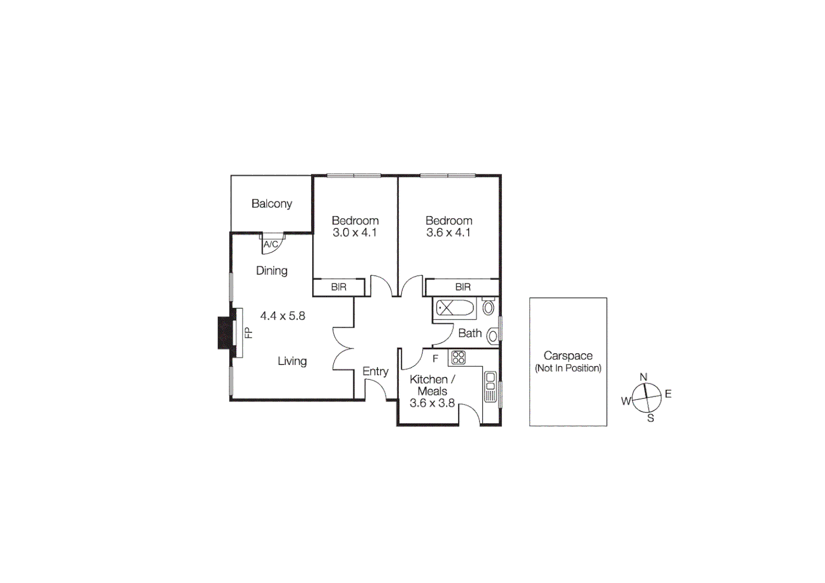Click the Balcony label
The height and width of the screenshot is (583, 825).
272,204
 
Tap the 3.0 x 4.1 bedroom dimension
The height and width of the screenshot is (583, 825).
354,233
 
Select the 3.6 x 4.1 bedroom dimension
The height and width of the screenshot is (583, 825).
448,233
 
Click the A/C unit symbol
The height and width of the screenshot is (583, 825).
271,245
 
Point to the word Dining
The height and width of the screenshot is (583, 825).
272,270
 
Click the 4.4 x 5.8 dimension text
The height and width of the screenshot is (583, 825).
282,316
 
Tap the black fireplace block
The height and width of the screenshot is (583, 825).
225,333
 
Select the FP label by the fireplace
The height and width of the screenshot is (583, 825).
248,333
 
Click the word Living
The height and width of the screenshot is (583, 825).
292,361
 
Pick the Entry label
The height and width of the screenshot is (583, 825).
375,371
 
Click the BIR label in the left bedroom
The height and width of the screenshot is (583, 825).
339,287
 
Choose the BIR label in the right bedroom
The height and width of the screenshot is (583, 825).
463,287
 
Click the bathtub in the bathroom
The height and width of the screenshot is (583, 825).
455,308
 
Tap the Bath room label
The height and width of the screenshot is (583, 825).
470,334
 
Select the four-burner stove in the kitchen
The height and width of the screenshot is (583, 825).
458,357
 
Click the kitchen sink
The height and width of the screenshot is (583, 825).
490,381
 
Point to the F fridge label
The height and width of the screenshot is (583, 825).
435,359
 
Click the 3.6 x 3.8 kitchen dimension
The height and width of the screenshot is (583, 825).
432,403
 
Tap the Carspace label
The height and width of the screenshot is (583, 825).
568,356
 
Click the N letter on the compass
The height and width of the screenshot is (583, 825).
643,377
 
